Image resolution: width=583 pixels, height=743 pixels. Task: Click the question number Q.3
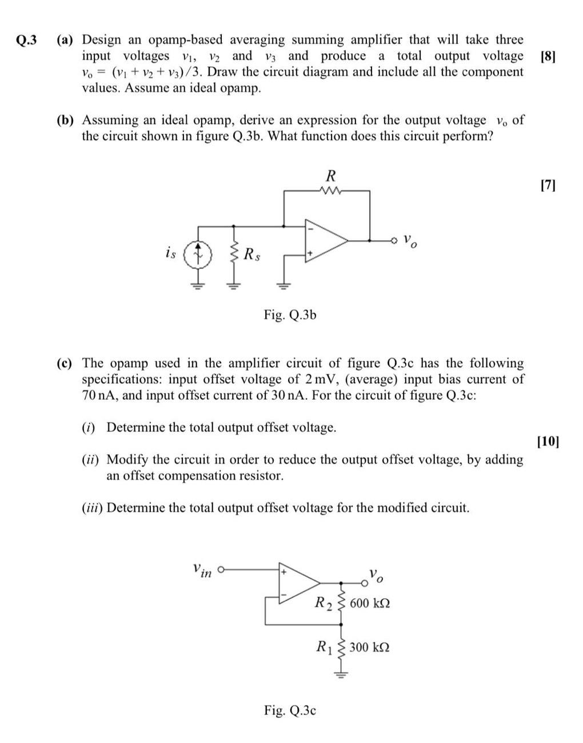pos(26,40)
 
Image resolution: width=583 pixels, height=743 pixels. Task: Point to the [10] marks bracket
pos(549,441)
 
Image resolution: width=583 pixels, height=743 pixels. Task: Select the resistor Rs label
pos(252,253)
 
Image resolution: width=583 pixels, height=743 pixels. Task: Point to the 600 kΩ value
pos(370,603)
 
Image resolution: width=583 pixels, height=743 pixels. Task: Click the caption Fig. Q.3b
pos(290,315)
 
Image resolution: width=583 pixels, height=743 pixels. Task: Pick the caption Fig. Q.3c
pos(290,710)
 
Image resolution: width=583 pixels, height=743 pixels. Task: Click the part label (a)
pos(66,40)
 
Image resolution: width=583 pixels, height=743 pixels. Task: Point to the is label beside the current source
pos(170,252)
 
